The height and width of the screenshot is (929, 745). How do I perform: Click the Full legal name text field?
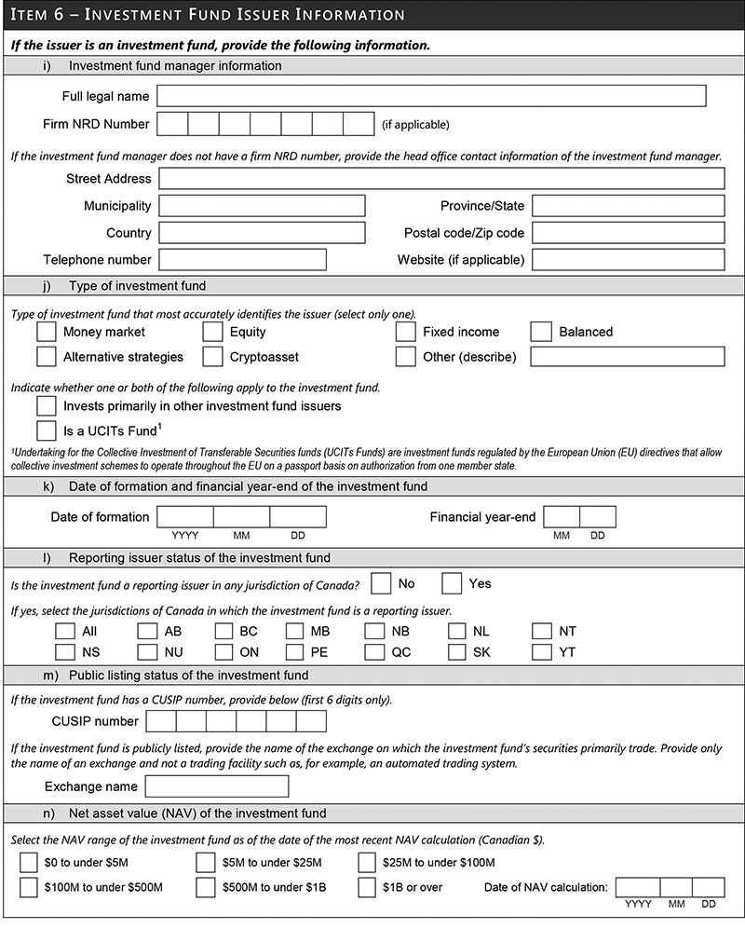coord(431,96)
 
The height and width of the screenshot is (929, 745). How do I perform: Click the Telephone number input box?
coord(242,260)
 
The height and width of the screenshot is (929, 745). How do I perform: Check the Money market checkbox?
coord(47,332)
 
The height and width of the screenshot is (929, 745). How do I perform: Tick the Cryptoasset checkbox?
coord(213,357)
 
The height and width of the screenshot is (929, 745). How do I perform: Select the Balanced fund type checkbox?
coord(542,332)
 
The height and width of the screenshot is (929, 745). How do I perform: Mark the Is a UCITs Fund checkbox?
coord(47,430)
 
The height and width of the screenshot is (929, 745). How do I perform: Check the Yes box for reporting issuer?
coord(452,583)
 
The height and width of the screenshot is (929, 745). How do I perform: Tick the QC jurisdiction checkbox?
coord(374,652)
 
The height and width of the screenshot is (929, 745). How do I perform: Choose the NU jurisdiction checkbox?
coord(147,652)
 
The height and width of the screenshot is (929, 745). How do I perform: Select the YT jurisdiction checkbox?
coord(542,652)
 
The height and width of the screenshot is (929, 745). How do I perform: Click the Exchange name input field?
coord(217,786)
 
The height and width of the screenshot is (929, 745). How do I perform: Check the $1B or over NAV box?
coord(367,887)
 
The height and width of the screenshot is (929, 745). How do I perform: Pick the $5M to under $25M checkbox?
coord(206,863)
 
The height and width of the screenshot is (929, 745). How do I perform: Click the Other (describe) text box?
coord(627,357)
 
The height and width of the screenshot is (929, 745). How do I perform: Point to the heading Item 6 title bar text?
coord(207,16)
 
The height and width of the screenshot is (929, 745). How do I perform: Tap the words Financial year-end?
coord(482,517)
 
